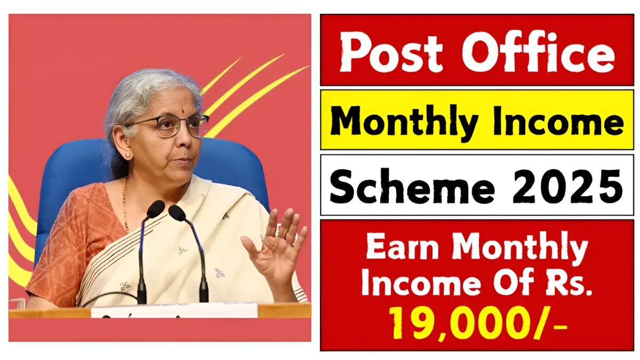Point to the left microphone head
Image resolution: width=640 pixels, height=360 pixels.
click(155, 209)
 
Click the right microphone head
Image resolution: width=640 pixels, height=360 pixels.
click(177, 213)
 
